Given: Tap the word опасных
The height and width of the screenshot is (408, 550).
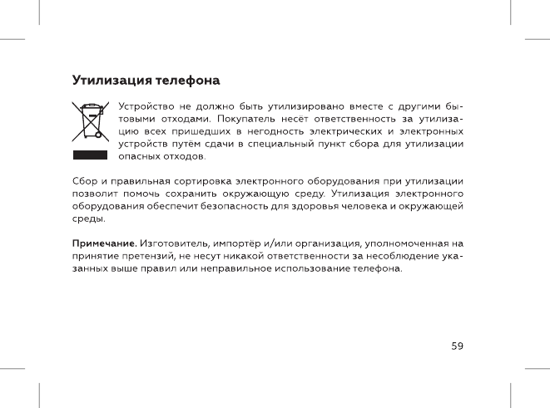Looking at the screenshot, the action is [139, 157].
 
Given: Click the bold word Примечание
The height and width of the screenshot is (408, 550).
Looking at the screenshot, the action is [104, 243].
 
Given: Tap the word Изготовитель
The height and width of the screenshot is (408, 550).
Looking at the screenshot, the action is [175, 243].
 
